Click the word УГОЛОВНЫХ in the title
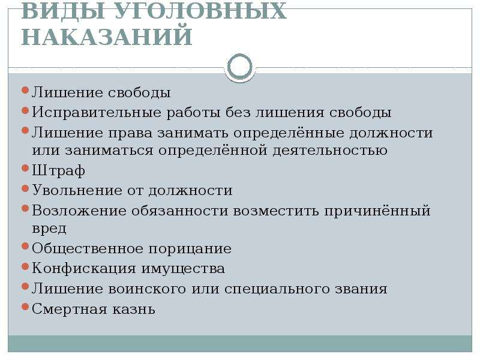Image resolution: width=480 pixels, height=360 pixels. (201, 11)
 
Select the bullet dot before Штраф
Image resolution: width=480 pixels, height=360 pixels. (25, 168)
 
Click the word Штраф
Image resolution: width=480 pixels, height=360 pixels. (58, 170)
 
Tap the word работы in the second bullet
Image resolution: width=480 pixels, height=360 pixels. (193, 112)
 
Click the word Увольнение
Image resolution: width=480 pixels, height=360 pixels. (77, 190)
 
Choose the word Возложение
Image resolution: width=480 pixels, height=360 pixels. (79, 211)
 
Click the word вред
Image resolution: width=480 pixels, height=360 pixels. (49, 229)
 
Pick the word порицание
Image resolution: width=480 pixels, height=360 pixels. (190, 248)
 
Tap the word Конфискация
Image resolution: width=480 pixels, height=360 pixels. (84, 268)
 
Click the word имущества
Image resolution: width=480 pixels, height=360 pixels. (183, 269)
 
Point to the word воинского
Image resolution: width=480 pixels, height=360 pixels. (147, 289)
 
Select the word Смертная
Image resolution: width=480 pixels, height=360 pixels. (70, 309)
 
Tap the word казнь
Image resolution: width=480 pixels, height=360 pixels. (134, 309)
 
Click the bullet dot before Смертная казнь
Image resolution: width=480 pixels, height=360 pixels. (25, 307)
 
